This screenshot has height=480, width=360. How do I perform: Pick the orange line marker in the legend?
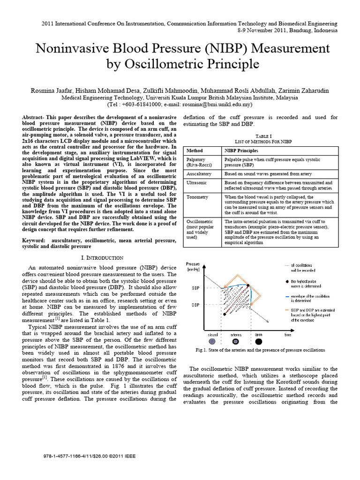point(286,310)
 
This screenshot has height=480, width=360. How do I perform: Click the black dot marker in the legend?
point(286,280)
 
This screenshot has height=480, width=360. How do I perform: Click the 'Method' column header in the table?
point(195,150)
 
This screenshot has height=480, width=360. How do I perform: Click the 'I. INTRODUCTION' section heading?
point(102,258)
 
